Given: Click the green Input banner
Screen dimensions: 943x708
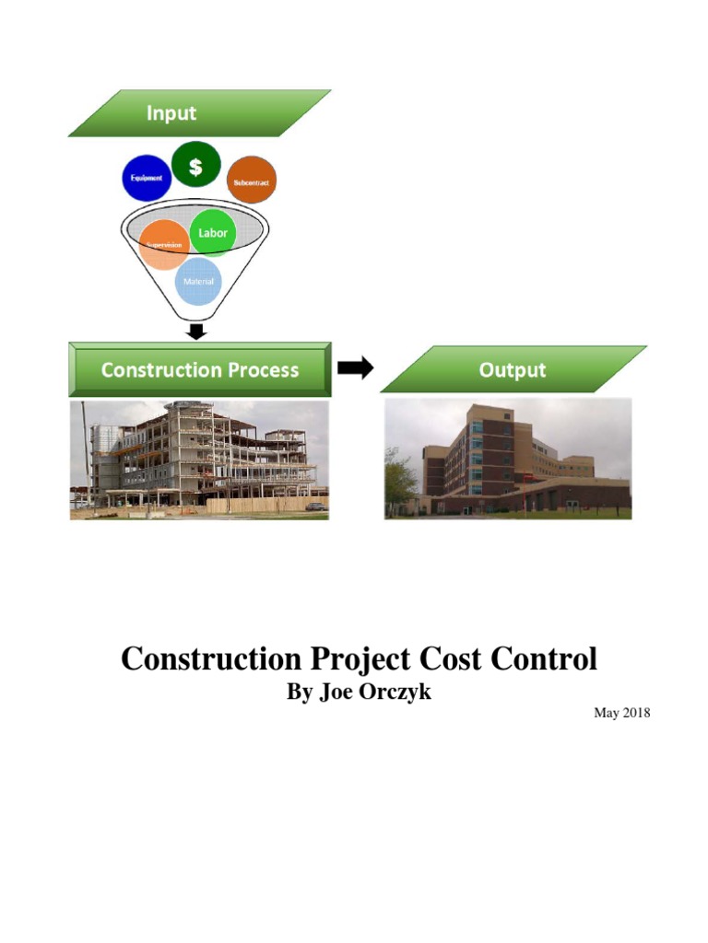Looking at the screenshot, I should coord(199,113).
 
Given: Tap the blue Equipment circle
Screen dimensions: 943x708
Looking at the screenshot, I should coord(147,178).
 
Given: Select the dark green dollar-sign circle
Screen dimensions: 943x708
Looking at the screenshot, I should coord(196,164).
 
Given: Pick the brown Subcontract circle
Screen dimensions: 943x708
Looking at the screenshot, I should coord(251,181).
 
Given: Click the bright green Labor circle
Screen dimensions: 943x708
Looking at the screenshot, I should coord(213,232).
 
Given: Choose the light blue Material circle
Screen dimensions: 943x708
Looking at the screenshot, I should coord(198,281).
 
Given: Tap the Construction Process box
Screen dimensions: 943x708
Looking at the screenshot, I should coord(199,370).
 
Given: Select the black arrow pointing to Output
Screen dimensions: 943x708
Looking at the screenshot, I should coord(355,368).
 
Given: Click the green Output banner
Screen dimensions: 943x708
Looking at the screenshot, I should coord(513,370).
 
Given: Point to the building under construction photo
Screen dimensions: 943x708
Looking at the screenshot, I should coord(199,460).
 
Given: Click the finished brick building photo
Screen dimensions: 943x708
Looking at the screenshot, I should coord(508,459).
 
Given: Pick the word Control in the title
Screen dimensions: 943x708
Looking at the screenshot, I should coord(549,659).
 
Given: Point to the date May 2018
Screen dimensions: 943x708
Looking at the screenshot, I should coord(622,712).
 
